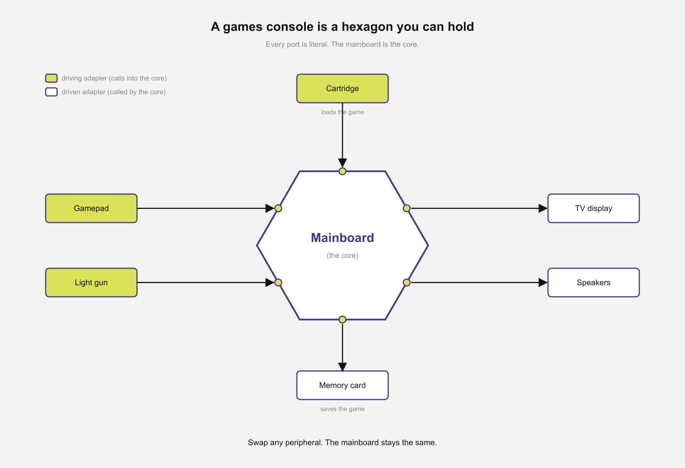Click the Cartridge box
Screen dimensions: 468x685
(x=342, y=88)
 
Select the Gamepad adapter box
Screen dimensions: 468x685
(x=91, y=208)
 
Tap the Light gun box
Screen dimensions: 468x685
(x=91, y=282)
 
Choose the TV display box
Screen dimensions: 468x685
(x=593, y=208)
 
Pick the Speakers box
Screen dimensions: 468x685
(x=593, y=282)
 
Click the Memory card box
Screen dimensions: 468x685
(x=342, y=385)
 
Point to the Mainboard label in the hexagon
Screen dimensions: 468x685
(x=342, y=238)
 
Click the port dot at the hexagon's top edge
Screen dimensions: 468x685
(x=342, y=171)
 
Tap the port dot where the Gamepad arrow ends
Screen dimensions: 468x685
(x=278, y=208)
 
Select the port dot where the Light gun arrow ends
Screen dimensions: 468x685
(x=278, y=282)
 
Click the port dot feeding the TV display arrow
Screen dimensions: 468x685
(x=406, y=208)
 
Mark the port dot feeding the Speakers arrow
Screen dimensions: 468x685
(x=406, y=282)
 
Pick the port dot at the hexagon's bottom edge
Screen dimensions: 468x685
(x=342, y=319)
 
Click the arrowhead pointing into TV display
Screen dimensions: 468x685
(x=543, y=208)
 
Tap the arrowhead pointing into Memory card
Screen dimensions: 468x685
(x=342, y=367)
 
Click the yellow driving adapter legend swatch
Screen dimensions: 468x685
(x=51, y=78)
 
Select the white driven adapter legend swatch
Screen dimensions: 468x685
(x=51, y=92)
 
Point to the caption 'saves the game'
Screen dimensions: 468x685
(x=342, y=409)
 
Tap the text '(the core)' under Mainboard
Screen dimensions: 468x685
(x=342, y=256)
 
